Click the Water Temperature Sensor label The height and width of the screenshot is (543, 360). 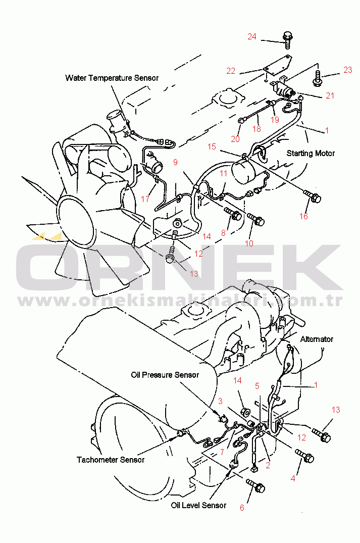point(112,78)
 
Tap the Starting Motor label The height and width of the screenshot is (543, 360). point(311,153)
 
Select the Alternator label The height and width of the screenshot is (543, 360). point(317,339)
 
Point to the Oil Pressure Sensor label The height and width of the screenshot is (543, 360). point(165,375)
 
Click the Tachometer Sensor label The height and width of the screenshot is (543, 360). point(111,460)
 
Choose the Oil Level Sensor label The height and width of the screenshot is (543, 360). point(198,505)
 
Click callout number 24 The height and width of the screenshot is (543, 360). point(251,36)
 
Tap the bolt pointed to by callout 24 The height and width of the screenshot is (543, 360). point(287,40)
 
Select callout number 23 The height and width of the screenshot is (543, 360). point(347,70)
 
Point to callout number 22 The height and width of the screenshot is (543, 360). point(231,71)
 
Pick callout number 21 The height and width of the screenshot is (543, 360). point(330,95)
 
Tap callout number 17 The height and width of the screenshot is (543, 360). point(145,199)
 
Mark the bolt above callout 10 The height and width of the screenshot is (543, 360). point(256,219)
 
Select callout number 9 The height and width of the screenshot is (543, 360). point(176,162)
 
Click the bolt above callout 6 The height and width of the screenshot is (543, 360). point(255,485)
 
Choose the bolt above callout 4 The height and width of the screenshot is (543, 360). point(304,456)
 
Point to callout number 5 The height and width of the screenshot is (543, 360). point(257,386)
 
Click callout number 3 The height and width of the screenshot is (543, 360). point(220,402)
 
